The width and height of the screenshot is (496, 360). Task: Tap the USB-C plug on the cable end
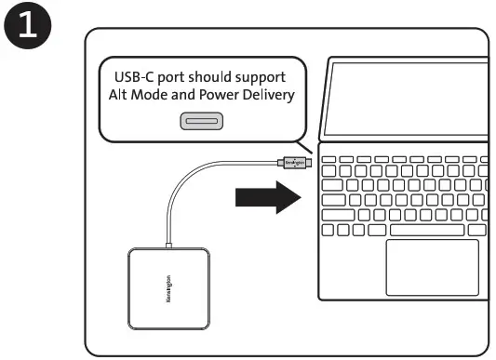click(292, 162)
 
